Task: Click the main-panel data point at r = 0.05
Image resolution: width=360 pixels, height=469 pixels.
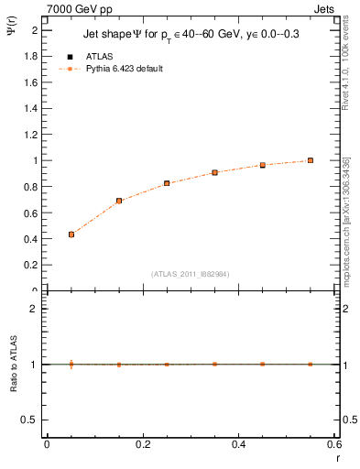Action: click(71, 234)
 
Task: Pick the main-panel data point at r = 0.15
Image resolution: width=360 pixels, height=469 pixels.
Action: click(119, 201)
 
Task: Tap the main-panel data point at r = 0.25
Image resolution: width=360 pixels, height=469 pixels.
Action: click(167, 183)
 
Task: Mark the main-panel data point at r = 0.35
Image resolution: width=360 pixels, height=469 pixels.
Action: click(214, 172)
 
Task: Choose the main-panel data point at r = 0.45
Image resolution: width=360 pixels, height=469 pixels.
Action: click(262, 165)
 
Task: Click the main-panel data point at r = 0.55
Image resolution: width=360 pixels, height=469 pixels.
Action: click(311, 160)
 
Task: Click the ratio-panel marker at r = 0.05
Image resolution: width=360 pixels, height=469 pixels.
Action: click(71, 364)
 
